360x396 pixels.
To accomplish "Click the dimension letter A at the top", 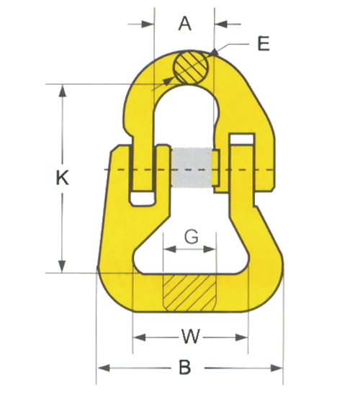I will (x=185, y=24).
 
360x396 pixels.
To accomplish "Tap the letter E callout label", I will (x=264, y=44).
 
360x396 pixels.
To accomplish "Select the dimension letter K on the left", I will (x=62, y=178).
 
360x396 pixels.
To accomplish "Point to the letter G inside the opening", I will (x=191, y=235).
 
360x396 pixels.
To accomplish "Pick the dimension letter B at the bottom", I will (x=184, y=367).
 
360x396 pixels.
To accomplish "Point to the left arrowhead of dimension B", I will (x=101, y=368).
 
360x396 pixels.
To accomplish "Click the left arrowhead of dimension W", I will (x=138, y=336).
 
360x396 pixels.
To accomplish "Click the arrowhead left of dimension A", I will (x=149, y=24).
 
